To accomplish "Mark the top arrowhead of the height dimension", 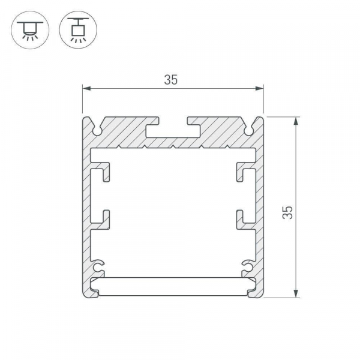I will (x=296, y=121).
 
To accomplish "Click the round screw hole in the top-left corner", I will (x=97, y=128).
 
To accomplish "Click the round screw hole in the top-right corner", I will (x=249, y=128).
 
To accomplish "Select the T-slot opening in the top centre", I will (x=173, y=127).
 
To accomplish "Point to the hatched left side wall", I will (x=86, y=210).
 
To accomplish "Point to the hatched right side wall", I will (x=260, y=210).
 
